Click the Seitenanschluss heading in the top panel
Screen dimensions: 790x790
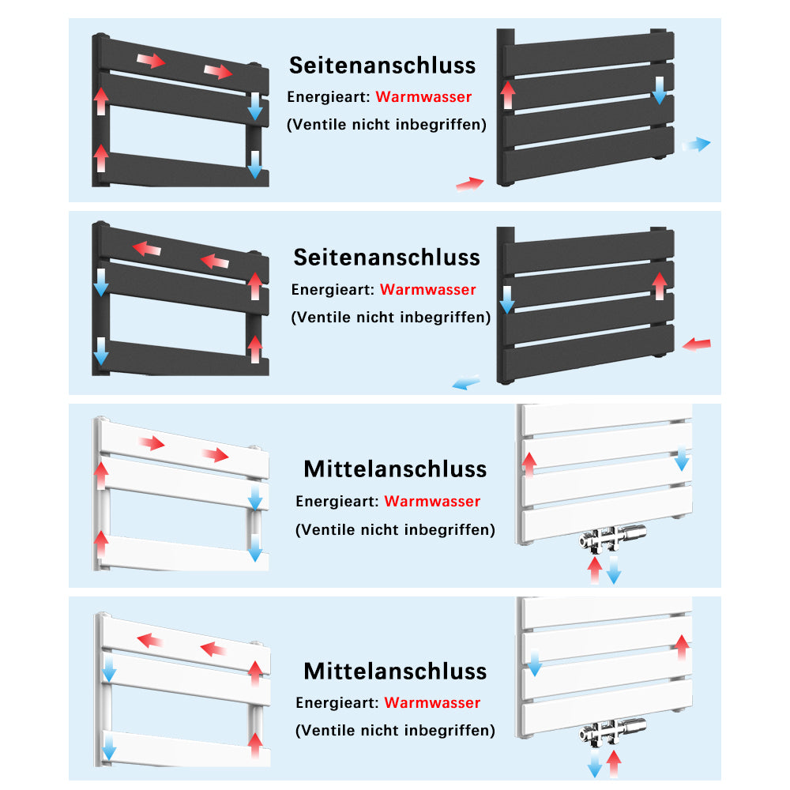382,65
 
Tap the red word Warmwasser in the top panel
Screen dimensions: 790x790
423,97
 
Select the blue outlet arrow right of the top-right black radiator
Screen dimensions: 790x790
696,144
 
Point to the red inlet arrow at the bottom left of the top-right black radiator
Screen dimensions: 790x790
470,183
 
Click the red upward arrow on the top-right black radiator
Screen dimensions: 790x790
508,94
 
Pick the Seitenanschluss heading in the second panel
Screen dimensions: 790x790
386,257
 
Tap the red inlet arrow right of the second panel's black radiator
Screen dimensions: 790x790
696,344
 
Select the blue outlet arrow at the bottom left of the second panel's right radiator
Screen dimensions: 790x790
466,383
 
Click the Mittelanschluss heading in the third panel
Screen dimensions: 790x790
395,468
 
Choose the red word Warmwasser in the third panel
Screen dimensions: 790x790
432,502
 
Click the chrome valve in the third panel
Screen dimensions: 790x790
612,538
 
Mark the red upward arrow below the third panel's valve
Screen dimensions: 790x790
595,570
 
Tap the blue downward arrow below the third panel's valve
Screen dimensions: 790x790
613,570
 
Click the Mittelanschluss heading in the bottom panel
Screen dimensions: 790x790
395,671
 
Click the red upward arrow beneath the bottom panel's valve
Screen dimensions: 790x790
613,763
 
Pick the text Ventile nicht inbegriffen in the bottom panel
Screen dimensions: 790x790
395,731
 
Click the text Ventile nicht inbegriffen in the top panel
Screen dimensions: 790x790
386,124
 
